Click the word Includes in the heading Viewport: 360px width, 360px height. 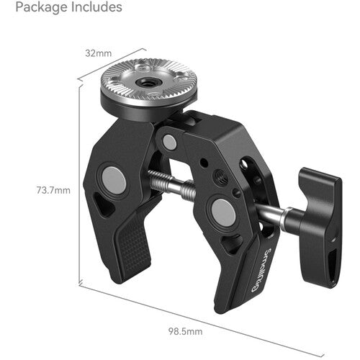[x=92, y=9]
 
